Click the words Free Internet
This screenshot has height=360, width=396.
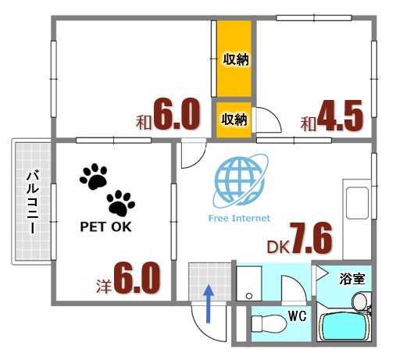pos(239,219)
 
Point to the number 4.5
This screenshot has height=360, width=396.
pos(341,117)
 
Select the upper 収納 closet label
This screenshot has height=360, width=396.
pos(235,59)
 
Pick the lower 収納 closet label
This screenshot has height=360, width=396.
pos(234,119)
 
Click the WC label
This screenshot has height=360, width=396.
pos(297,315)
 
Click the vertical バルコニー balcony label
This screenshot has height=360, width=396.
pos(32,201)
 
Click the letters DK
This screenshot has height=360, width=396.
pos(277,247)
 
